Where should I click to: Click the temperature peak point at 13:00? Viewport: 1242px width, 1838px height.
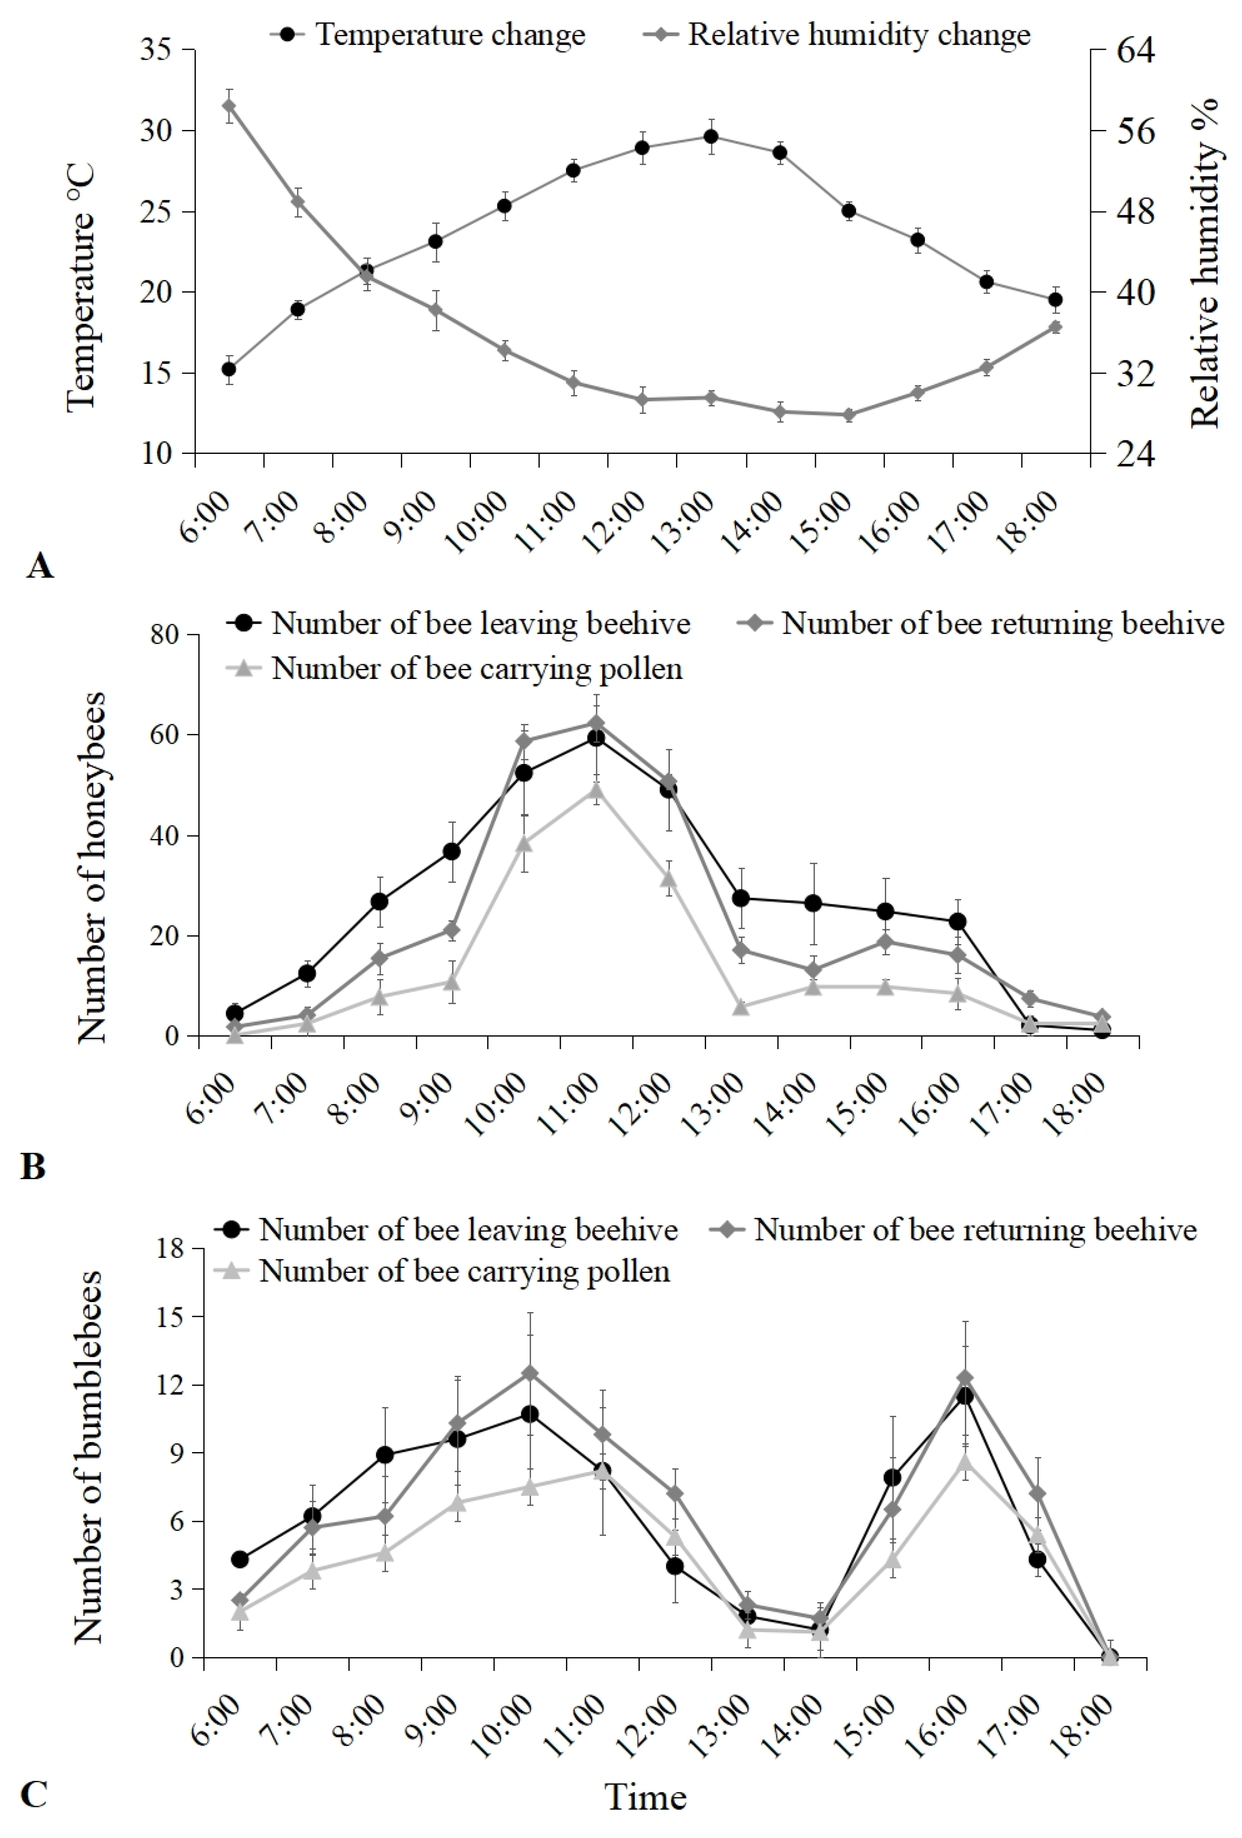pos(710,136)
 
